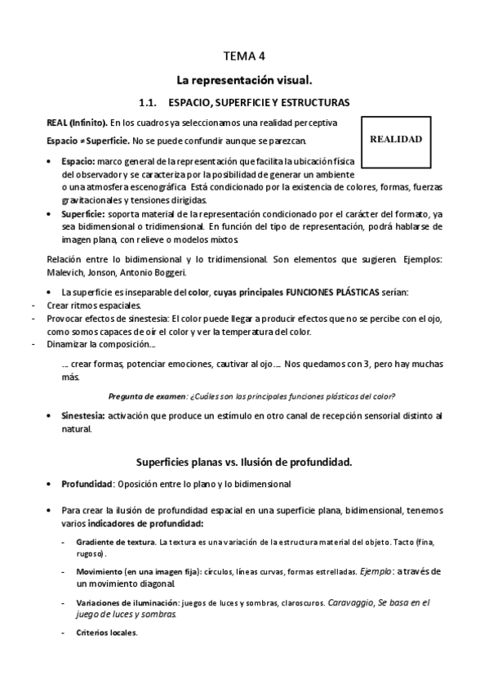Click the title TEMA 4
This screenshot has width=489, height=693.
tap(244, 56)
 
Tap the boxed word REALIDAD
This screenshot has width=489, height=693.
tap(396, 139)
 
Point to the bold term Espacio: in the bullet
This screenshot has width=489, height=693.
tap(78, 162)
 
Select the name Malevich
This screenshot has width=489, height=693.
tap(69, 272)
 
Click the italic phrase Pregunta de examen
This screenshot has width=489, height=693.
tap(153, 396)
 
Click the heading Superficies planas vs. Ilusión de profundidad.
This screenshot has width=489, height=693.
tap(244, 462)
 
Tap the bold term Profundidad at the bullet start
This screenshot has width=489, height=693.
tap(86, 484)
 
